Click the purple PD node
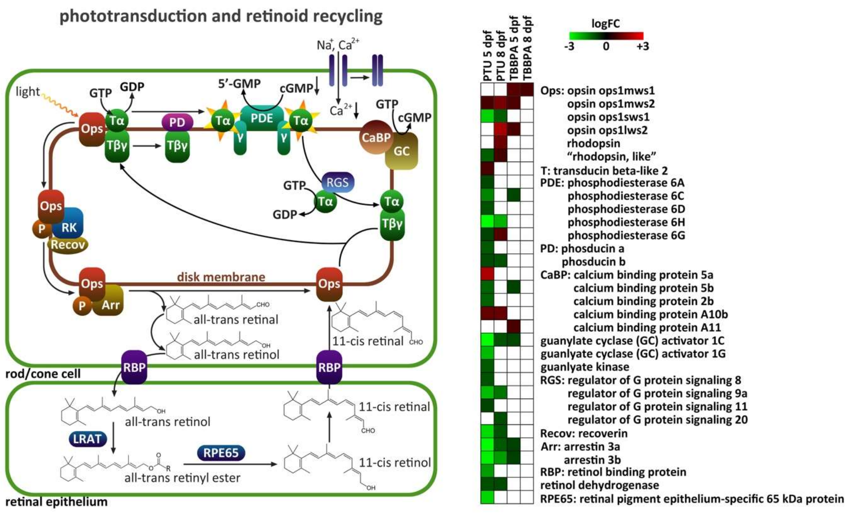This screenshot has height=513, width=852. click(177, 122)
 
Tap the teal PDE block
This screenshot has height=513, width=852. click(262, 119)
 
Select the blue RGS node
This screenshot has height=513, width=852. click(337, 182)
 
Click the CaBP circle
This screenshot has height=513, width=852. click(376, 137)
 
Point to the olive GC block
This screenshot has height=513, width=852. click(401, 151)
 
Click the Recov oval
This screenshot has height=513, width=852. click(68, 245)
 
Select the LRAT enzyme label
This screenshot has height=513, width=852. click(87, 439)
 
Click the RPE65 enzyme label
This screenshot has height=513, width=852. click(221, 453)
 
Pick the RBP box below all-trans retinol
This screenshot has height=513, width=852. click(134, 367)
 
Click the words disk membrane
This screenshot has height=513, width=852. click(221, 277)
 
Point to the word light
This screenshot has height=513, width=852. click(28, 92)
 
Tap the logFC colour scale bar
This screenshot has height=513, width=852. click(606, 36)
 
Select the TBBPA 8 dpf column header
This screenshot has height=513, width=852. click(527, 48)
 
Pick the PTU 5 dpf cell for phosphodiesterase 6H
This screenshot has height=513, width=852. click(487, 221)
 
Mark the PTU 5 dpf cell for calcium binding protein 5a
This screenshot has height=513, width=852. click(487, 274)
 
